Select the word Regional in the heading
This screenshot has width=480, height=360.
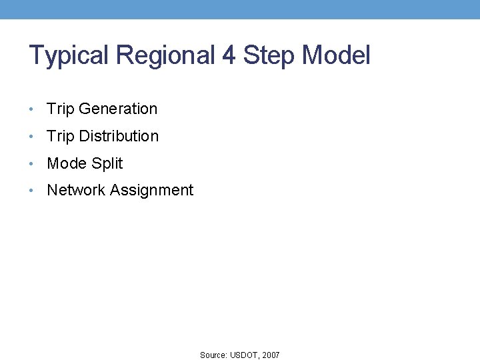pyautogui.click(x=163, y=55)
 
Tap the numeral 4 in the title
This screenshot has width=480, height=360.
pyautogui.click(x=229, y=55)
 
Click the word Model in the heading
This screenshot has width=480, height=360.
pyautogui.click(x=336, y=55)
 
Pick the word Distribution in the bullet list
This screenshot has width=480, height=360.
pyautogui.click(x=119, y=136)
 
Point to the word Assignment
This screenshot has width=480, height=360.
pyautogui.click(x=151, y=191)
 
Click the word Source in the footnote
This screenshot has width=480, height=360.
pyautogui.click(x=213, y=355)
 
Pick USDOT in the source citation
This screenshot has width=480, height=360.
pyautogui.click(x=245, y=355)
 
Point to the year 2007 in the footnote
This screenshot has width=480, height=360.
pyautogui.click(x=271, y=355)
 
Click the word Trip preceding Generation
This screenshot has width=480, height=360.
pyautogui.click(x=60, y=109)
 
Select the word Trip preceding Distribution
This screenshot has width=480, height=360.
pyautogui.click(x=60, y=136)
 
